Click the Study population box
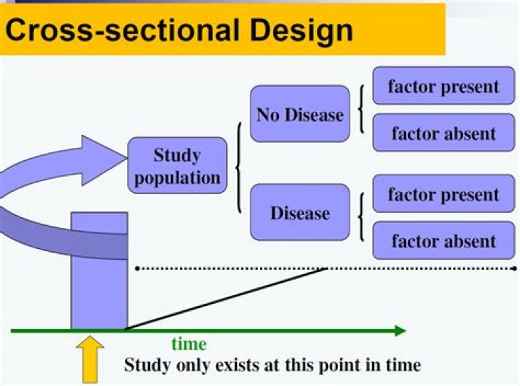tap(177, 167)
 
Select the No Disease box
tap(300, 114)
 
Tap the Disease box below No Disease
tap(300, 213)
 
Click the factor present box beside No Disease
tap(443, 87)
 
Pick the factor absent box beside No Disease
tap(443, 133)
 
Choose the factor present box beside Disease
tap(443, 195)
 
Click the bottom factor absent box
tap(443, 241)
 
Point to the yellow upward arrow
tap(91, 357)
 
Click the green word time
tap(188, 343)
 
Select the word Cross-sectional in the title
tap(119, 30)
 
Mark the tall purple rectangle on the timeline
tap(99, 271)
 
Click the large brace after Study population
tap(238, 167)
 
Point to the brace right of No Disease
tap(360, 110)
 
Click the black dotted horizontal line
tap(325, 268)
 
